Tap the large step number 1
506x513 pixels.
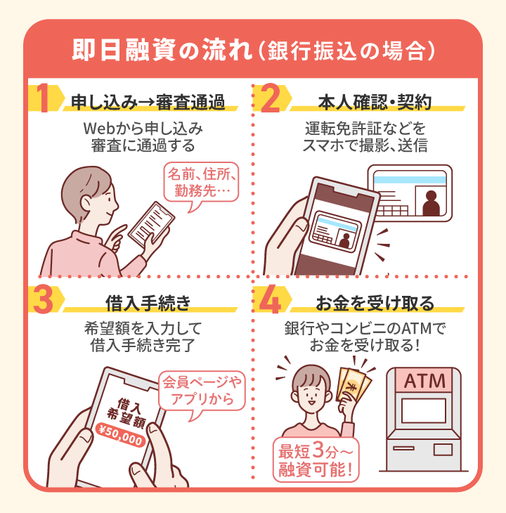click(43, 100)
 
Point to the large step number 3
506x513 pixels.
click(44, 300)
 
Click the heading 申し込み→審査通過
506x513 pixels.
click(148, 103)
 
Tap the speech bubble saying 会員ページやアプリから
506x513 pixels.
click(200, 391)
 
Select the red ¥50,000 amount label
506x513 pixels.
click(121, 436)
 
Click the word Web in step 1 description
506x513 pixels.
click(99, 130)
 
